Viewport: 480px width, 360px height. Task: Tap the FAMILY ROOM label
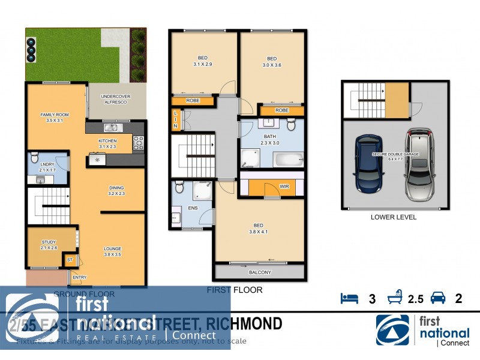[x=52, y=114]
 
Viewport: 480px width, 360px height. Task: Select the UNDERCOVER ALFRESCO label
[x=116, y=99]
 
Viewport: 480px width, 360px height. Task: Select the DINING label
[x=116, y=187]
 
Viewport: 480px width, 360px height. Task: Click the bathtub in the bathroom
[x=289, y=160]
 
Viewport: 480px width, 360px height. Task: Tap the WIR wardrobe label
[x=284, y=187]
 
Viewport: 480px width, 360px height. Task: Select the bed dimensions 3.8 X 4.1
[x=260, y=232]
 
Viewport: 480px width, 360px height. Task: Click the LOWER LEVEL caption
[x=393, y=217]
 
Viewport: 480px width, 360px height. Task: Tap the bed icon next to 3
[x=349, y=298]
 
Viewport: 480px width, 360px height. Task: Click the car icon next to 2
[x=438, y=298]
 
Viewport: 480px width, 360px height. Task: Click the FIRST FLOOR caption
[x=235, y=290]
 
